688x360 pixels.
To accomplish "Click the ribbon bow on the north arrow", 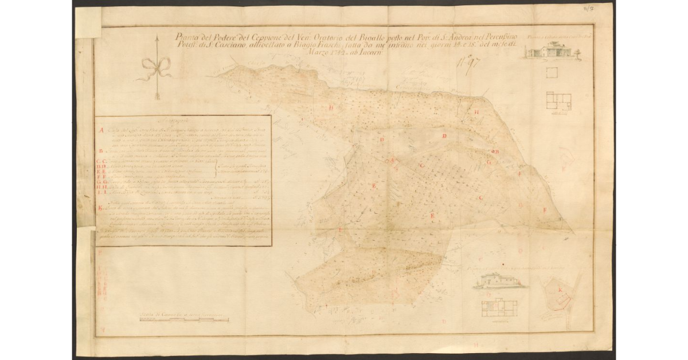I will (x=155, y=67).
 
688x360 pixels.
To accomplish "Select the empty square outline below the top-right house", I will (x=552, y=73).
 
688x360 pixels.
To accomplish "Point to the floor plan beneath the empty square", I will (x=558, y=100).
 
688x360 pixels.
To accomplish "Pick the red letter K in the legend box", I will (x=101, y=208).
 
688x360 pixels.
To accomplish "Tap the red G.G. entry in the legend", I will (x=101, y=180).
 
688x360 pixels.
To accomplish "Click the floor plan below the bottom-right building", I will (x=498, y=305).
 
